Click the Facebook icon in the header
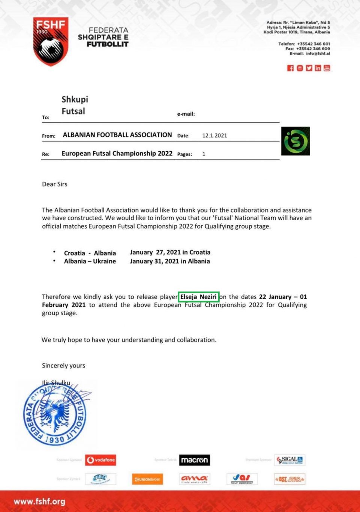(x=290, y=68)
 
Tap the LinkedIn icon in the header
(x=318, y=68)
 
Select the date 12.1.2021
(x=214, y=136)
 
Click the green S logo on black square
(x=295, y=141)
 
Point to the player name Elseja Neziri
(x=198, y=297)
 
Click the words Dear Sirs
(x=55, y=184)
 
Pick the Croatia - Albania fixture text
(x=90, y=253)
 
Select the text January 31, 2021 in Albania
(x=170, y=261)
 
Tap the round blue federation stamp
(x=55, y=415)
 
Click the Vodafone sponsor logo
(x=100, y=460)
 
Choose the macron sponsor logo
(x=194, y=460)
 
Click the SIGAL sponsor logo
(x=290, y=460)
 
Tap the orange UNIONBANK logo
(x=148, y=479)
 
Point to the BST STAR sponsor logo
(x=289, y=479)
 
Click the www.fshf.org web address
(x=39, y=501)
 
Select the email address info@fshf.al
(x=318, y=54)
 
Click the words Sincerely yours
(x=64, y=366)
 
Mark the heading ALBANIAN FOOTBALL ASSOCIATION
(x=117, y=135)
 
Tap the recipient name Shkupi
(x=75, y=99)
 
